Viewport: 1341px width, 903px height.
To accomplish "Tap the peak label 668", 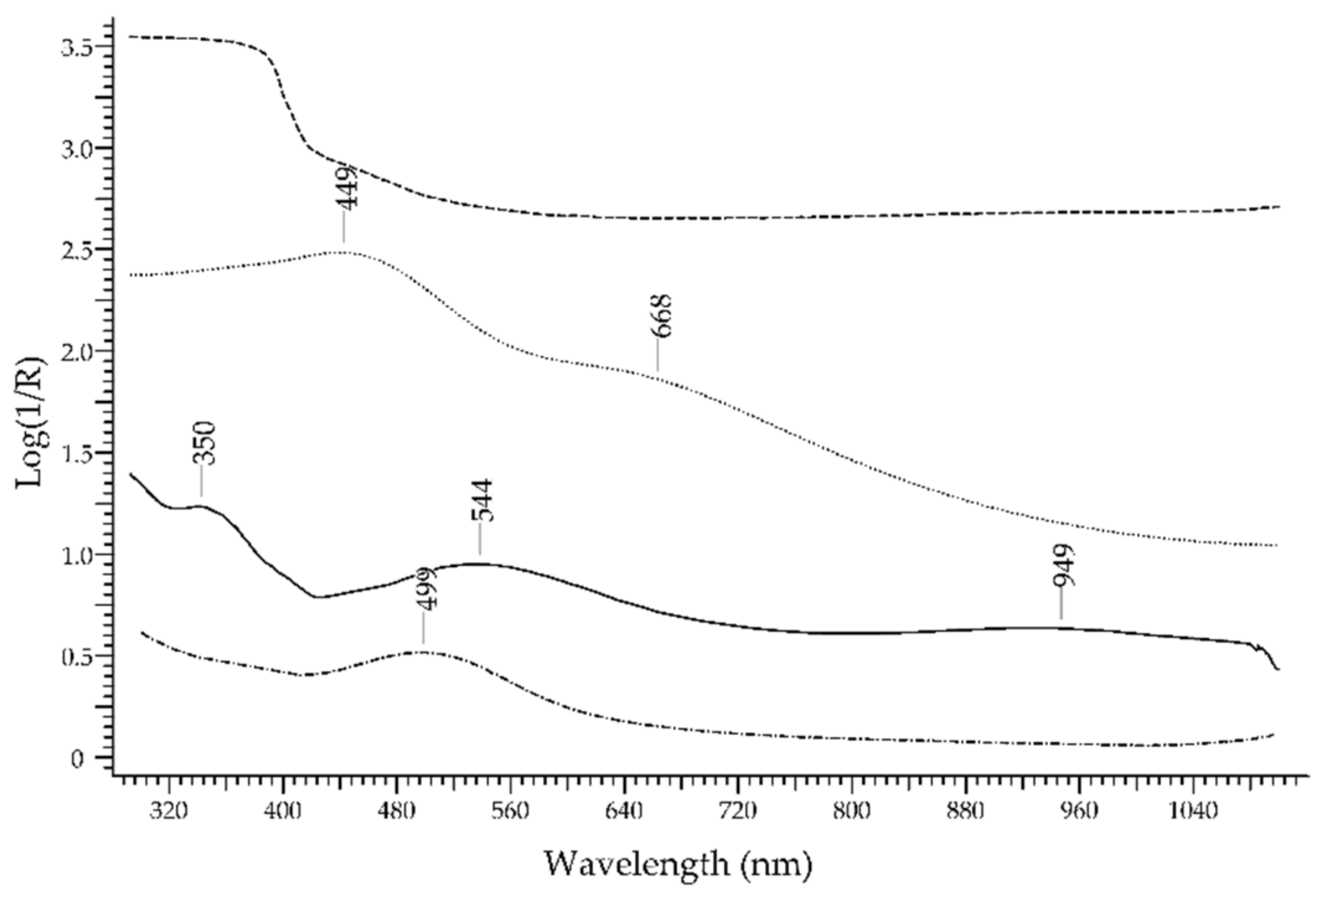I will click(662, 316).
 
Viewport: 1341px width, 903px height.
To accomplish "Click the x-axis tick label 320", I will click(169, 811).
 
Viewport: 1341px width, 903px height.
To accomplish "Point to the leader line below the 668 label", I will click(658, 355).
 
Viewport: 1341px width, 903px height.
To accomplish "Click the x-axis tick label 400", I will click(283, 811).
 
